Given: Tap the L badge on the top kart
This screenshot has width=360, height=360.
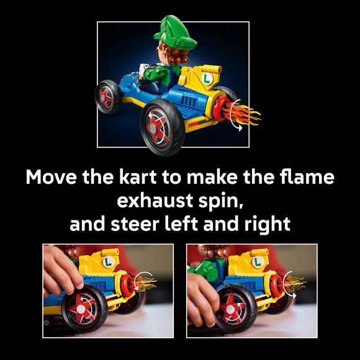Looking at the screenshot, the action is pyautogui.click(x=207, y=79).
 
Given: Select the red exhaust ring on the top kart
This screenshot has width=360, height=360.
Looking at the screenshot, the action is pyautogui.click(x=220, y=109).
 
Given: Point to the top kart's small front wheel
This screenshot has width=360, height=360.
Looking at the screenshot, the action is pyautogui.click(x=107, y=97).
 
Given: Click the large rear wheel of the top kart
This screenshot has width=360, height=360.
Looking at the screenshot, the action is pyautogui.click(x=163, y=128).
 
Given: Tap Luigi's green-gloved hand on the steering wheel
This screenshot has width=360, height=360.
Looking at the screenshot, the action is pyautogui.click(x=154, y=73).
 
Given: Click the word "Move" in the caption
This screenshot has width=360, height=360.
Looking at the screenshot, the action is pyautogui.click(x=51, y=177).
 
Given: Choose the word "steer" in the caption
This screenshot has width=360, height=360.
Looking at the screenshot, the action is pyautogui.click(x=135, y=224).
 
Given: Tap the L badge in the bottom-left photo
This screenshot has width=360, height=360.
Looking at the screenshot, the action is pyautogui.click(x=108, y=262).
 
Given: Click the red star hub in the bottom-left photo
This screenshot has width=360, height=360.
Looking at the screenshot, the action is pyautogui.click(x=81, y=308).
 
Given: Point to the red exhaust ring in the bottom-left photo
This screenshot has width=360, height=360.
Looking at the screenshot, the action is pyautogui.click(x=127, y=286).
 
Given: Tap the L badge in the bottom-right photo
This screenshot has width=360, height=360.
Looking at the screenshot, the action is pyautogui.click(x=258, y=262).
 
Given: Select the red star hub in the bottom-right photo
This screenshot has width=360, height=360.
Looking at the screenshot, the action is pyautogui.click(x=230, y=309).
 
